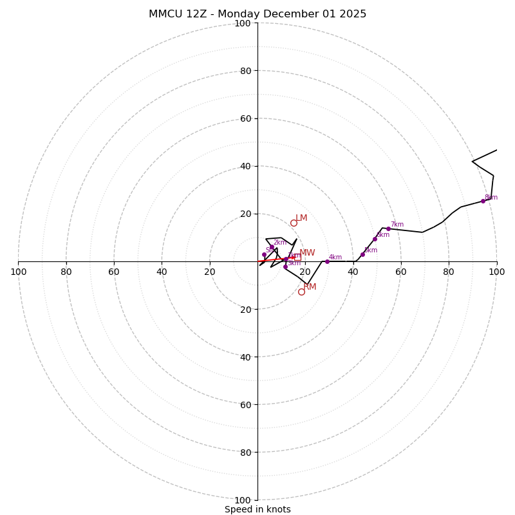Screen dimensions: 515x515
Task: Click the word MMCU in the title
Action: coord(164,14)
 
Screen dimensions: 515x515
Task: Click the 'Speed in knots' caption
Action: coord(257,509)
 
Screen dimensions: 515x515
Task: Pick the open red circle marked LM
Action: coord(294,223)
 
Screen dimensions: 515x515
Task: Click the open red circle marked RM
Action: coord(301,292)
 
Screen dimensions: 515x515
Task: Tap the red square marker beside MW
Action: coord(297,257)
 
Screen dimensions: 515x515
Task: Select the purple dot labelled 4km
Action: coord(327,261)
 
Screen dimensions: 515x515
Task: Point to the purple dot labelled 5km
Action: coord(362,254)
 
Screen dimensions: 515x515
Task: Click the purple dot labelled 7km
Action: coord(388,229)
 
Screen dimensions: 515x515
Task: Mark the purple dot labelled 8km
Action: coord(483,201)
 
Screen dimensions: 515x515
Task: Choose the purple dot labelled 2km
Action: coord(272,247)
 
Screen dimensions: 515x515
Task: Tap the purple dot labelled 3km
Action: coord(285,267)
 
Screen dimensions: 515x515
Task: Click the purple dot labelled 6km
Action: coord(375,239)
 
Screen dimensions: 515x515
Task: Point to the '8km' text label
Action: coord(491,197)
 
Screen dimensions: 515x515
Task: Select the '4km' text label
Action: coord(335,257)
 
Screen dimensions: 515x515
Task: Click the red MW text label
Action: coord(307,253)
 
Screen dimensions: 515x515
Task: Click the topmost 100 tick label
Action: coord(243,23)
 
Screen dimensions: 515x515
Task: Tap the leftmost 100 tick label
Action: coord(19,272)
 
